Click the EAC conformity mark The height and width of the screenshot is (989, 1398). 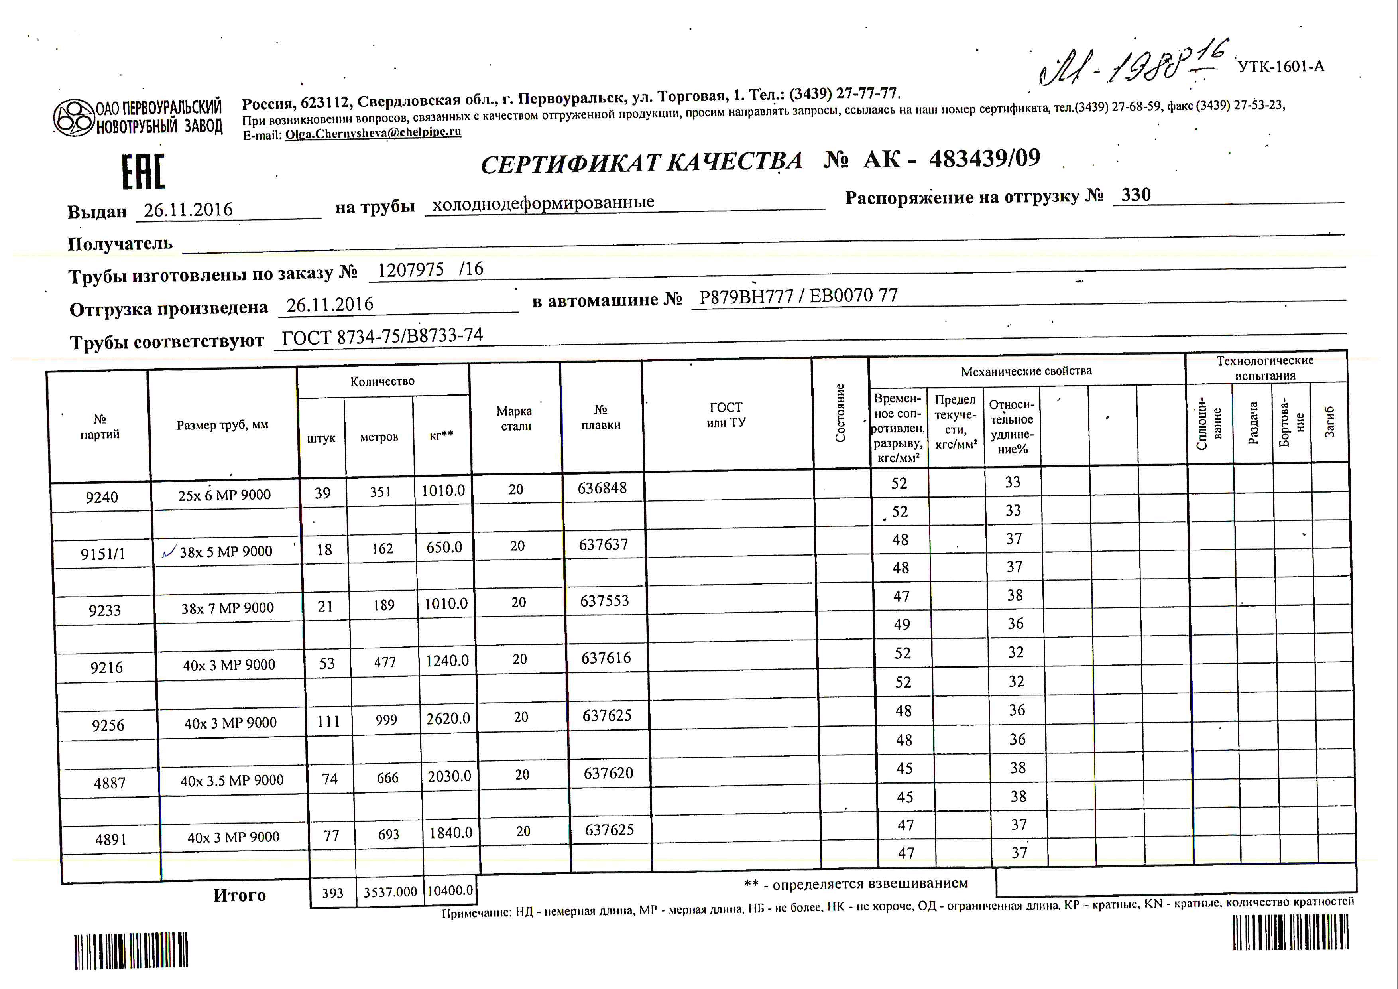(144, 172)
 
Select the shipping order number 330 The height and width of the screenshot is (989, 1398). (1136, 195)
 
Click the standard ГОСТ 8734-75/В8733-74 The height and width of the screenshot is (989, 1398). (382, 336)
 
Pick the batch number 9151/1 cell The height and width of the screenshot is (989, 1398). (102, 554)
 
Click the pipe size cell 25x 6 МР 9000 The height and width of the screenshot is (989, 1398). (224, 495)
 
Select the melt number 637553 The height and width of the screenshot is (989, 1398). (604, 601)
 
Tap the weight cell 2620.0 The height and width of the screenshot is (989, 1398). (448, 719)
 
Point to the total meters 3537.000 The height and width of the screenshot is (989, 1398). (390, 892)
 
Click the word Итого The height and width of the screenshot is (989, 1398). (239, 895)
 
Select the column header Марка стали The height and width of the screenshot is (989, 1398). (515, 418)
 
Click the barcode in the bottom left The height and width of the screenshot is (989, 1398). (131, 951)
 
